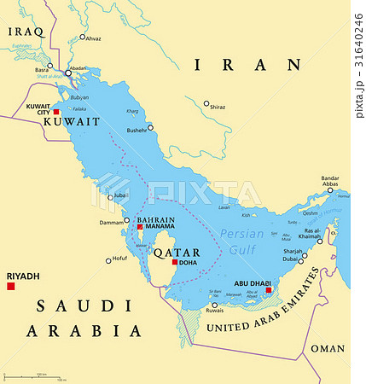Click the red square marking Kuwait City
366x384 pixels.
(x=56, y=112)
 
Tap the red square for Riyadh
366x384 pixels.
(x=11, y=287)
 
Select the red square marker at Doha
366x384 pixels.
(x=175, y=262)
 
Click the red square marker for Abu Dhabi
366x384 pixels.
(x=269, y=290)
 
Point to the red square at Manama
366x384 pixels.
(x=140, y=227)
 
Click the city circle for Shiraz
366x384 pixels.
(x=206, y=104)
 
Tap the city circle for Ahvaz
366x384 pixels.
(x=83, y=38)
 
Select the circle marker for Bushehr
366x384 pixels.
(x=151, y=127)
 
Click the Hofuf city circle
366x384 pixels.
(x=108, y=260)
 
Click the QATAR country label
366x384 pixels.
(x=177, y=252)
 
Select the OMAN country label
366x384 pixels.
(x=327, y=348)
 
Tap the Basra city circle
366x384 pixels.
(x=49, y=66)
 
